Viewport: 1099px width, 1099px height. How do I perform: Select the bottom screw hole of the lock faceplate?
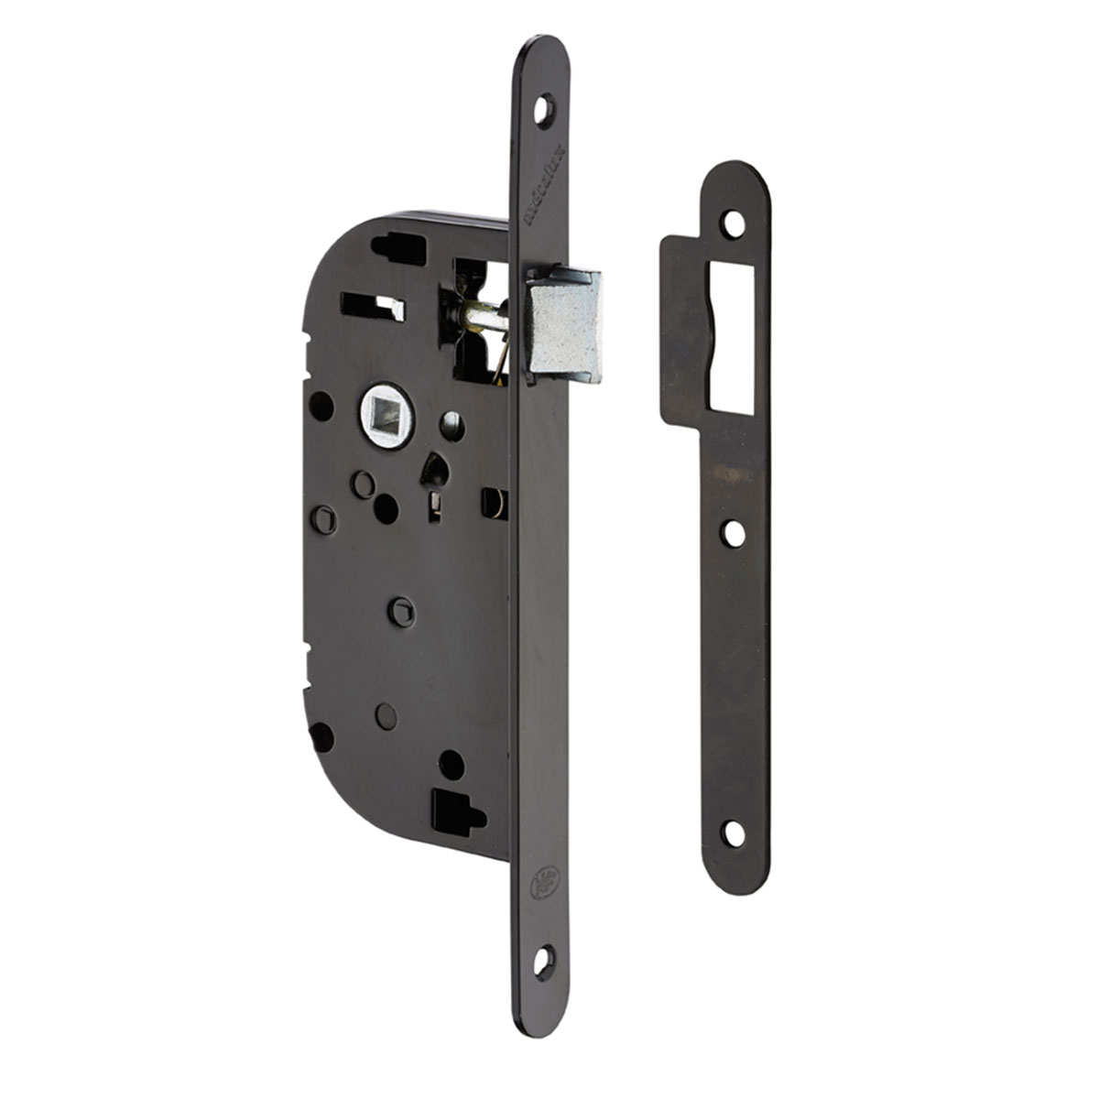tap(543, 959)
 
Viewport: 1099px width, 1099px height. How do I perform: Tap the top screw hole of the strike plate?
tap(733, 223)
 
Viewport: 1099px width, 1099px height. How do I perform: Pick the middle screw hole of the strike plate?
tap(734, 532)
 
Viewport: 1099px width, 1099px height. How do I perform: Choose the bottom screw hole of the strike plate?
tap(733, 832)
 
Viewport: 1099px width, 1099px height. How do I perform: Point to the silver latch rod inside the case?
tap(484, 315)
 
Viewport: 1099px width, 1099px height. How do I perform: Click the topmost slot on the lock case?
tap(399, 246)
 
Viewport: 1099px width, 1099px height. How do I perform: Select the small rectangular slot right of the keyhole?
tap(493, 503)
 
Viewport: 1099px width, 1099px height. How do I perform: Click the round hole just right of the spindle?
tap(452, 423)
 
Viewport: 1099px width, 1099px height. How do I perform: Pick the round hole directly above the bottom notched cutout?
tap(452, 763)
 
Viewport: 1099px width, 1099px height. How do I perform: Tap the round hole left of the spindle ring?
tap(321, 406)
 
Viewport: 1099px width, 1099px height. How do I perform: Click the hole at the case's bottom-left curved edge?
tap(321, 735)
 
